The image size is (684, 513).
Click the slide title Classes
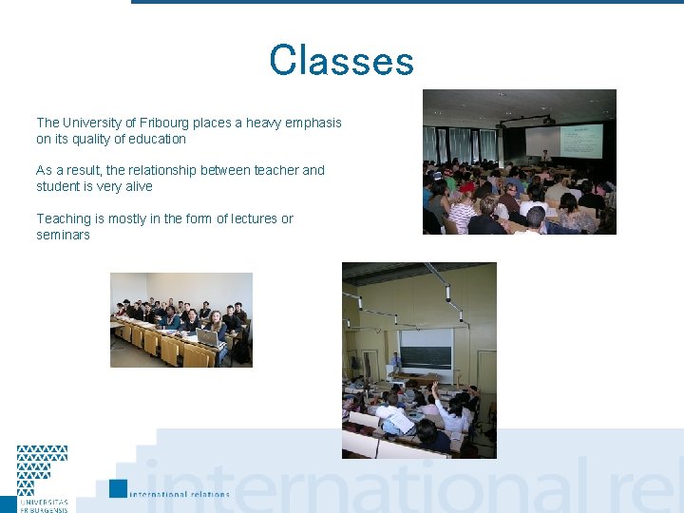[x=341, y=62]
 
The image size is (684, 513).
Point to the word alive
[x=135, y=186]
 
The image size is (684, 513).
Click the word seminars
[x=63, y=235]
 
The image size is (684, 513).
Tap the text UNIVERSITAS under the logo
[x=44, y=501]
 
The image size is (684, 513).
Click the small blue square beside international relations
[x=118, y=488]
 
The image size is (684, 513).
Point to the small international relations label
[x=180, y=494]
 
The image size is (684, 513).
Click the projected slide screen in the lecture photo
[x=580, y=142]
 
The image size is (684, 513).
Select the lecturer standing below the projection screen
[x=545, y=155]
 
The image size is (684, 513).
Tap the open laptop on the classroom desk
[x=206, y=336]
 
